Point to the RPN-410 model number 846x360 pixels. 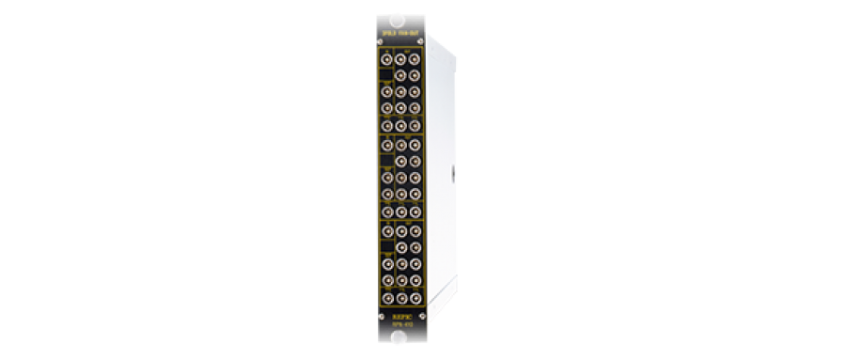(x=400, y=327)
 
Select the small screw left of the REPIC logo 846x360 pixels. (x=380, y=316)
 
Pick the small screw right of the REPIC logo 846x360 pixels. (x=422, y=316)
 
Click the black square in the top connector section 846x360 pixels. (x=387, y=74)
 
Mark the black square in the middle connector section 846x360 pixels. (x=387, y=160)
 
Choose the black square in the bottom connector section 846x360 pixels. (x=387, y=247)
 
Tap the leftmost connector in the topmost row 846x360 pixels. (x=387, y=57)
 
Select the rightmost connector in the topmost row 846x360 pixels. (x=415, y=57)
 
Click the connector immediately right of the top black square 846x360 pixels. (x=401, y=74)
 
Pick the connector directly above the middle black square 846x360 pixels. (x=387, y=144)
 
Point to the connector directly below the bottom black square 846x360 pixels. (x=387, y=264)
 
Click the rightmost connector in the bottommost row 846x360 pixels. (x=415, y=298)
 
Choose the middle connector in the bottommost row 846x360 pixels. (x=401, y=298)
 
